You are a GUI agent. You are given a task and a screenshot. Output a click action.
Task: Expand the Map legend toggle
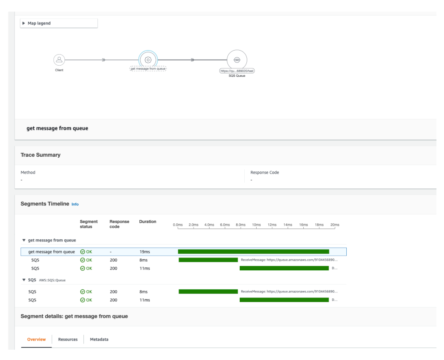click(x=24, y=24)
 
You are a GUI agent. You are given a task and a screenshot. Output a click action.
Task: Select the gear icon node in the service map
click(x=148, y=59)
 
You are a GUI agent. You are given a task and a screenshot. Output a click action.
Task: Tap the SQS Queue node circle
click(x=237, y=59)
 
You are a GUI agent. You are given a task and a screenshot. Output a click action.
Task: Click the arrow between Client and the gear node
click(x=104, y=59)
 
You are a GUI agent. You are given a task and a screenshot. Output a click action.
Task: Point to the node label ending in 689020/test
click(x=237, y=71)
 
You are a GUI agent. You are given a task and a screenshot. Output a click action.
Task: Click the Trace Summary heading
click(x=41, y=155)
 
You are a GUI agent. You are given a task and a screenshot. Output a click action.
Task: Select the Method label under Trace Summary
click(x=28, y=172)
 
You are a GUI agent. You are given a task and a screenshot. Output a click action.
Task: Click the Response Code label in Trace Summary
click(x=265, y=172)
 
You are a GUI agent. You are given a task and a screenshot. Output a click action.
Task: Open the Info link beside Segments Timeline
click(x=75, y=204)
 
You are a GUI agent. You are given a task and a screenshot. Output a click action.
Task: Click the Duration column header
click(x=147, y=222)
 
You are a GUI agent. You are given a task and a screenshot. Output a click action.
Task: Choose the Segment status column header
click(x=89, y=224)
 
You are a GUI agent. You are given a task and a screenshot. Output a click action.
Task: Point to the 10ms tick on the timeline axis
click(x=256, y=225)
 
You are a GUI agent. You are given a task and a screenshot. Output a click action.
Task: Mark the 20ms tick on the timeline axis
click(x=335, y=225)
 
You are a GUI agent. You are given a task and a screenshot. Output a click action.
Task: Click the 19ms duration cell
click(x=144, y=252)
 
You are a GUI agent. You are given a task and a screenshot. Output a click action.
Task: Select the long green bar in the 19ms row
click(x=253, y=252)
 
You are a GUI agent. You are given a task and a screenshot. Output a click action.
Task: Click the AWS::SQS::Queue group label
click(x=53, y=280)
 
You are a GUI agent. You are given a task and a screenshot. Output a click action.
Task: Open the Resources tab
click(x=68, y=339)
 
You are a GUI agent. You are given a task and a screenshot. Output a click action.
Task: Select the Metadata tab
click(x=99, y=339)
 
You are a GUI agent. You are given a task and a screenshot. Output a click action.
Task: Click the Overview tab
click(x=36, y=339)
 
